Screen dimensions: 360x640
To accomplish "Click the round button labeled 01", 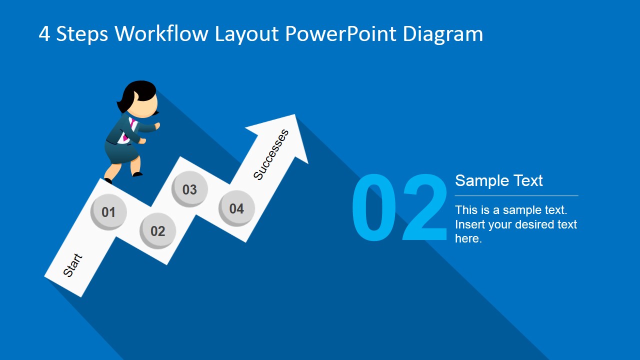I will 108,211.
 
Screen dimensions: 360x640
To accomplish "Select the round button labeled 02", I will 157,230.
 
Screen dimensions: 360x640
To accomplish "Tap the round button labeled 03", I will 189,189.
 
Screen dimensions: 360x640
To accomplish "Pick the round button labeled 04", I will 236,208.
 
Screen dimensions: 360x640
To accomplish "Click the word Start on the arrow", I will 72,265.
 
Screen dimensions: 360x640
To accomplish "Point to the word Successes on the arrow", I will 271,154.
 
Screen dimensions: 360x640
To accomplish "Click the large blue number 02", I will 399,209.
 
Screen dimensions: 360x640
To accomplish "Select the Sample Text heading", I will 498,180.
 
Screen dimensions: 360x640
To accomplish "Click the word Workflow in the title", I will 162,34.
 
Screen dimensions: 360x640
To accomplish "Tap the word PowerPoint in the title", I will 341,34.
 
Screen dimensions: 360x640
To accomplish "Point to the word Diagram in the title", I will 443,34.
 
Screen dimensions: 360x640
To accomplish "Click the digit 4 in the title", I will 44,34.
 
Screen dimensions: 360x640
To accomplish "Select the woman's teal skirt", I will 120,152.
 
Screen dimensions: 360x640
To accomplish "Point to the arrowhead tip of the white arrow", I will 295,115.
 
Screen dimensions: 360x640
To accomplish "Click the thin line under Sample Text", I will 516,195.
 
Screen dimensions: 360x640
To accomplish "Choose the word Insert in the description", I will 470,224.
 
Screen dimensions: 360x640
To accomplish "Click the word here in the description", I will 467,238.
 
